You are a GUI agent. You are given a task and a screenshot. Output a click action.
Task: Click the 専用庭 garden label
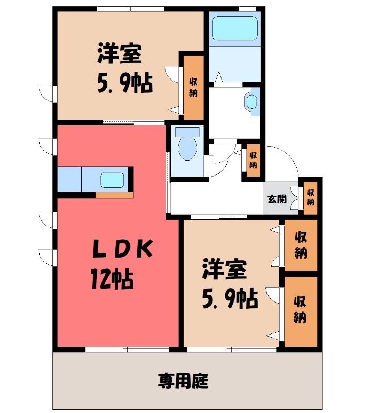183,382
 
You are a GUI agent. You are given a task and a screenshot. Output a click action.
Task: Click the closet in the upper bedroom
194,87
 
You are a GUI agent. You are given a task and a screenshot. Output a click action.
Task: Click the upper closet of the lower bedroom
301,245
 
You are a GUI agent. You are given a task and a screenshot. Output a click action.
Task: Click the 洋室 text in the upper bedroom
119,54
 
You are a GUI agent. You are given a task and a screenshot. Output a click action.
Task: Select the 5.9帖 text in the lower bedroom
229,298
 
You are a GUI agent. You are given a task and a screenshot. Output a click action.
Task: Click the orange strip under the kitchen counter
114,195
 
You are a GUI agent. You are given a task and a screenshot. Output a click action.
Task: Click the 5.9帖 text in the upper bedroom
124,82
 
